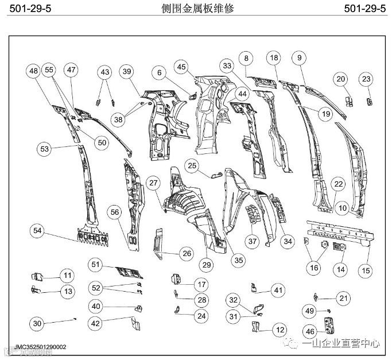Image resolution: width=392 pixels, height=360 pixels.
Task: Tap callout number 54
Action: [x=38, y=231]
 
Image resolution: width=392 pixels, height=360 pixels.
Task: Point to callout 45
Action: [x=182, y=67]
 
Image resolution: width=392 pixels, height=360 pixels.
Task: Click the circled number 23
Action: [x=366, y=79]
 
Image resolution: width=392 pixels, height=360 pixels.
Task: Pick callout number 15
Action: [x=364, y=269]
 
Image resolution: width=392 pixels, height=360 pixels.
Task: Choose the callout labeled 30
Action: [x=38, y=324]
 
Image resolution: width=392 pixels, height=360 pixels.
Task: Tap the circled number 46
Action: [x=310, y=331]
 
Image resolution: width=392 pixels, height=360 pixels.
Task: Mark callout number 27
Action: [x=153, y=183]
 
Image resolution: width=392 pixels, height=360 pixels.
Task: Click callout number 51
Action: [x=96, y=265]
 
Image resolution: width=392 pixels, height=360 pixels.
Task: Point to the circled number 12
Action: [x=280, y=330]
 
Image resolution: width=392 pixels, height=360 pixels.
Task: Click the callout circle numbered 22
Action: [x=338, y=184]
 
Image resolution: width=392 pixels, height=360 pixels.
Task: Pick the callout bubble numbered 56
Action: [x=115, y=211]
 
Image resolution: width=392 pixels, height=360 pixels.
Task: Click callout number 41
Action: [x=278, y=290]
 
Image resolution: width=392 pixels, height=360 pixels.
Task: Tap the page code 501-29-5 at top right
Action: [x=364, y=9]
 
